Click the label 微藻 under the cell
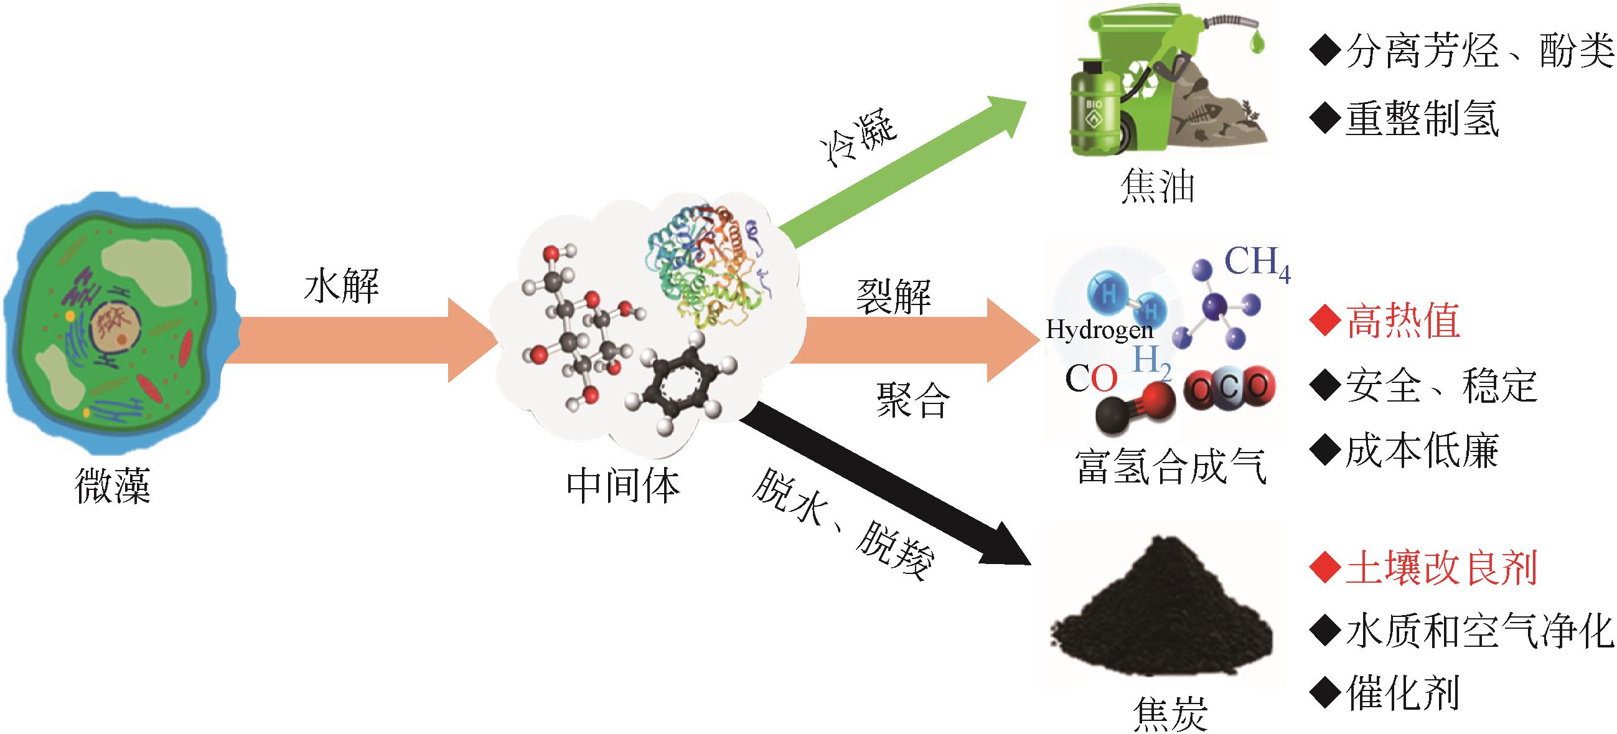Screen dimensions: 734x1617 (113, 486)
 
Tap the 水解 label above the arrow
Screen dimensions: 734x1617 (342, 286)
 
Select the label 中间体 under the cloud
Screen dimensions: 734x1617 (623, 486)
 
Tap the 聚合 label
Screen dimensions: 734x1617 (912, 400)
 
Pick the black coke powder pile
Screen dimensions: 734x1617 (1161, 615)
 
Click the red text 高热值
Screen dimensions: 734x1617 (1402, 321)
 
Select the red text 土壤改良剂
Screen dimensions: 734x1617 (1440, 568)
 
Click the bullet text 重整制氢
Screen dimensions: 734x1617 (1421, 118)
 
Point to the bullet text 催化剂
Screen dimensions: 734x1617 (1402, 694)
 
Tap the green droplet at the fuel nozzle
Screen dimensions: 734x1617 (1257, 42)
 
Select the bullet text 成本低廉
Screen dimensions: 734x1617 (1421, 450)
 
